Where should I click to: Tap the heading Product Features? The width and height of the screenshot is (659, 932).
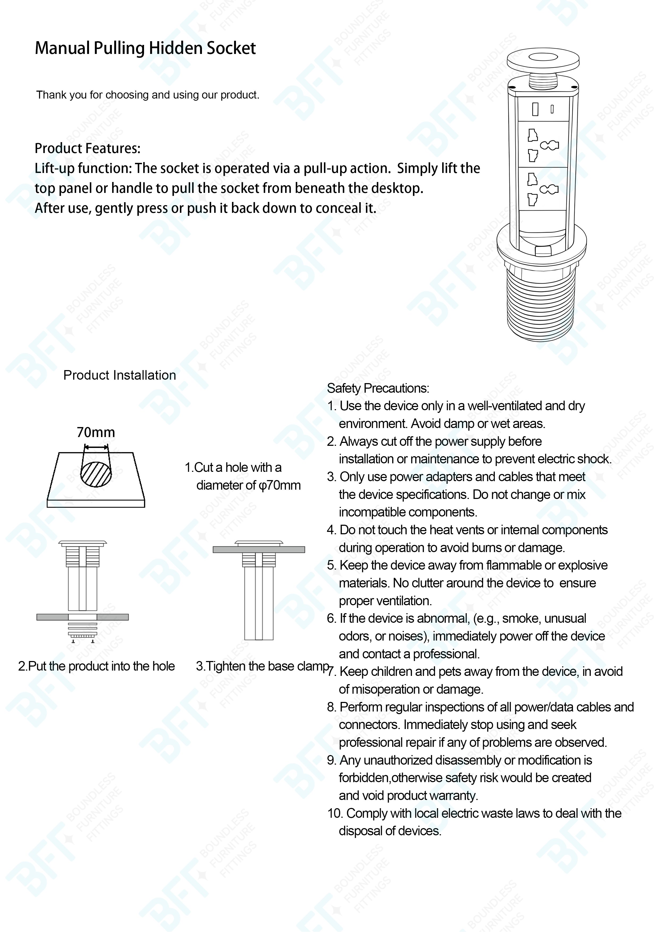87,149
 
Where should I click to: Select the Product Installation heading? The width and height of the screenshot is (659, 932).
119,375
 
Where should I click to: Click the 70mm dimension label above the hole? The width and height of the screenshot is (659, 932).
96,432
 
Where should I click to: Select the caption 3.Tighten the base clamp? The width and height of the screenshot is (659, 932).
262,666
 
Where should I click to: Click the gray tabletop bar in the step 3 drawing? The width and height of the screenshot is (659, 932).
259,550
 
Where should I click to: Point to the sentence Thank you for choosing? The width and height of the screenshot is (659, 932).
147,95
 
